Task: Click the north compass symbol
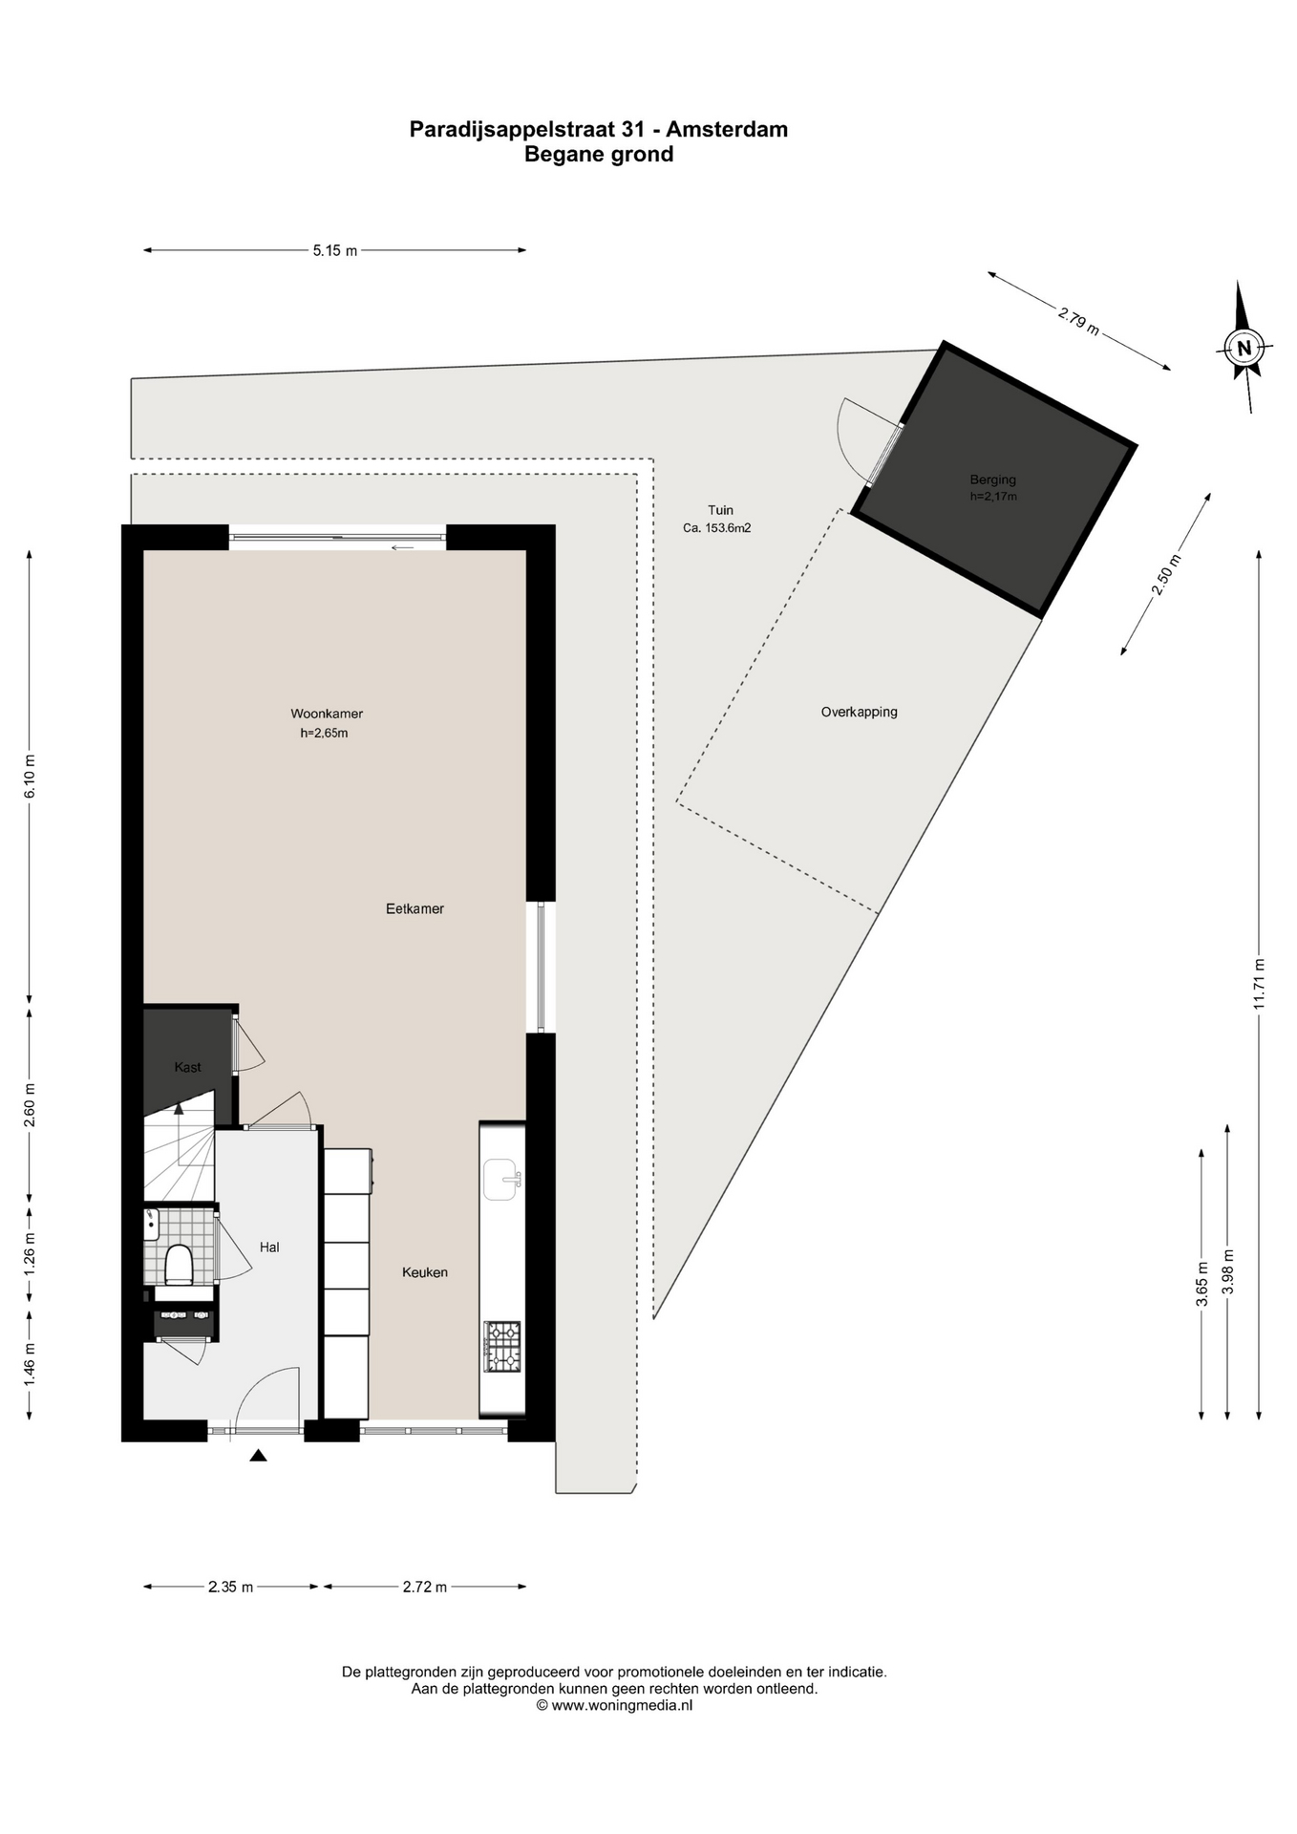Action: pos(1244,347)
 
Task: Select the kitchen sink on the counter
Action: pos(502,1179)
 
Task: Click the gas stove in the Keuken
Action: pos(502,1347)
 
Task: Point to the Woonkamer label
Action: pos(327,714)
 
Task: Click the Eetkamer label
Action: pos(415,908)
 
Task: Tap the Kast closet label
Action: pos(187,1067)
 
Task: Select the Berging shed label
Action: pos(993,480)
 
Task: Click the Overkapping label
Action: pos(860,712)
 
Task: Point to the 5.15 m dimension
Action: pos(334,250)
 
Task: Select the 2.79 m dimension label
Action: pos(1078,320)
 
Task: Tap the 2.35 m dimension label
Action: pos(230,1587)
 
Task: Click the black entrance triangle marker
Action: pos(258,1456)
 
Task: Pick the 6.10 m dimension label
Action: pos(30,777)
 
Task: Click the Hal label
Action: pos(269,1247)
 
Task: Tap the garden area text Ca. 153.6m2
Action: pos(716,527)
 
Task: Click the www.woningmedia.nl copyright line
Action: pos(614,1704)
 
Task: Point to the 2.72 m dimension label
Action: pos(424,1587)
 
